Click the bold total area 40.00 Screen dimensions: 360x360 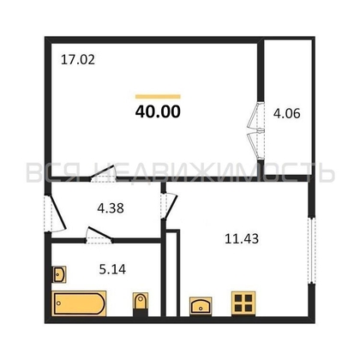tap(158, 111)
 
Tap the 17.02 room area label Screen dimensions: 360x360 tap(78, 60)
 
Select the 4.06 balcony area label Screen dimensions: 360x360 tap(286, 114)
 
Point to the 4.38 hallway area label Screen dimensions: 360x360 tap(111, 208)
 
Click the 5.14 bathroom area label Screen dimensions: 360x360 tap(112, 269)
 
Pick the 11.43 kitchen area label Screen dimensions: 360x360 tap(242, 239)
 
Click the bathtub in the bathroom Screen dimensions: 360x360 tap(79, 303)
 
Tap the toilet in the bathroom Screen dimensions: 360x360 tap(141, 303)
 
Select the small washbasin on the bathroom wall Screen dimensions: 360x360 tap(59, 274)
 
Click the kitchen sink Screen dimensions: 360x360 tap(201, 306)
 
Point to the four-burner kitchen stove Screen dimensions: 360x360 tap(243, 303)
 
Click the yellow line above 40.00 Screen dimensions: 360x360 tap(158, 97)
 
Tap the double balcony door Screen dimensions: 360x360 tap(256, 131)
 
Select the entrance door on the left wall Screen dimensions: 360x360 tap(56, 213)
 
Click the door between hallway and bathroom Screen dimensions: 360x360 tap(99, 235)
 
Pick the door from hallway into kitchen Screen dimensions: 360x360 tap(169, 206)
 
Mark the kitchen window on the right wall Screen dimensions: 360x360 tap(311, 250)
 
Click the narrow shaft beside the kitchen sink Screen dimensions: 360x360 tap(173, 273)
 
